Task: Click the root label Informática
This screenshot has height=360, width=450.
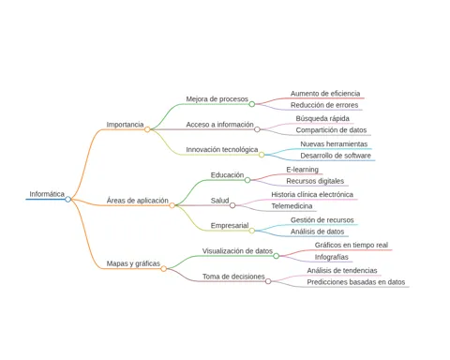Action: (47, 194)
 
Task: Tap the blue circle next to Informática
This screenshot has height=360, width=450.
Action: (67, 199)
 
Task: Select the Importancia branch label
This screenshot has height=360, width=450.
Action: (125, 125)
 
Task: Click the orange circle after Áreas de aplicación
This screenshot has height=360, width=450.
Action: (172, 205)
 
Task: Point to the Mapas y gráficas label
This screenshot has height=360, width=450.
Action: (133, 263)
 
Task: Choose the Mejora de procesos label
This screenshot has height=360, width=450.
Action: (217, 99)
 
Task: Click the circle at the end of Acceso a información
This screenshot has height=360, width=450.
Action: (257, 129)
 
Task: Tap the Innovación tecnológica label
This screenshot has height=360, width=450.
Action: (222, 150)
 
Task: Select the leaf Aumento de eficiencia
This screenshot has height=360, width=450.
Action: (325, 94)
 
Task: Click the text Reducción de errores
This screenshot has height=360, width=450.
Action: (324, 105)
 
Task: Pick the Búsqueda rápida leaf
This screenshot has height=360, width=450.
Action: (322, 118)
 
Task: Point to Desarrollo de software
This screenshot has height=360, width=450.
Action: (336, 156)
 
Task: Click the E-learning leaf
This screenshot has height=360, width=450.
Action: (302, 170)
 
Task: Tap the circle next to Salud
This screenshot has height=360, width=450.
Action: (232, 205)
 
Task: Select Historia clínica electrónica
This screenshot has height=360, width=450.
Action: (312, 194)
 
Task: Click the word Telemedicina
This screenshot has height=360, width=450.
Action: (292, 206)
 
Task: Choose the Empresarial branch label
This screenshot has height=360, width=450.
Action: (230, 226)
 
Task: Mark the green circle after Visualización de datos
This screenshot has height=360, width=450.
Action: (277, 256)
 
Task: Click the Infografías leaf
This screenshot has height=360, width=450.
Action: (332, 257)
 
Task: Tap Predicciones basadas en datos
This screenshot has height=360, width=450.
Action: (356, 282)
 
